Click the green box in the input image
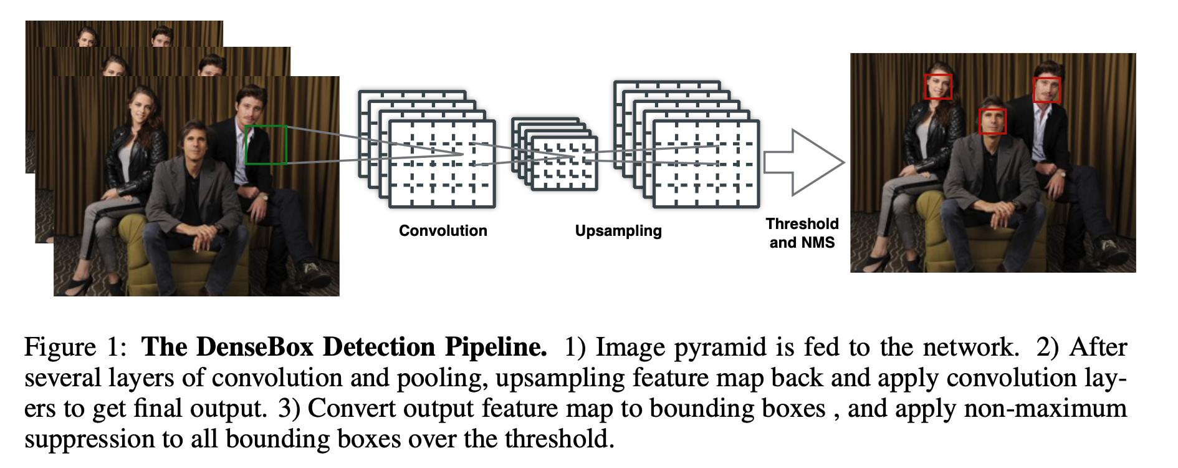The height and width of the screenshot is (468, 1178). pyautogui.click(x=266, y=145)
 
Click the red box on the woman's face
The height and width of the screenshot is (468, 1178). pyautogui.click(x=938, y=87)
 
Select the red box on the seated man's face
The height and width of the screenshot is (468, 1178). pyautogui.click(x=992, y=121)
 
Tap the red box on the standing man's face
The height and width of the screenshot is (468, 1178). pyautogui.click(x=1047, y=90)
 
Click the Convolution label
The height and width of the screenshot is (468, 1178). pyautogui.click(x=443, y=231)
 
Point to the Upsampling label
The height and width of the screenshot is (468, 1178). pyautogui.click(x=618, y=231)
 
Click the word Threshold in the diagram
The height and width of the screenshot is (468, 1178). pyautogui.click(x=802, y=224)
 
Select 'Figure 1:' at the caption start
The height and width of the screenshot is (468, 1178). pyautogui.click(x=75, y=348)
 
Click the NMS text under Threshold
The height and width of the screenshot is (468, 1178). pyautogui.click(x=819, y=243)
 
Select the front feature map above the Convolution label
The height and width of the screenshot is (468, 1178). pyautogui.click(x=442, y=163)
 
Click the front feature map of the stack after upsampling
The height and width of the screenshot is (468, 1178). pyautogui.click(x=706, y=163)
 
